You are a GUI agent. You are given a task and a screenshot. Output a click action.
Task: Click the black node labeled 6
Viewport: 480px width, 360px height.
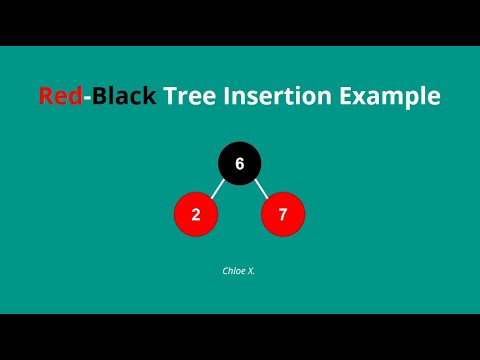(x=240, y=162)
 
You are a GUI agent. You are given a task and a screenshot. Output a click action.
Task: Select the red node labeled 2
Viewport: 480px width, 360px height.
(x=196, y=214)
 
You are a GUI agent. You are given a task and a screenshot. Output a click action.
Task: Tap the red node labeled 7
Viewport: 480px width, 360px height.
(x=283, y=214)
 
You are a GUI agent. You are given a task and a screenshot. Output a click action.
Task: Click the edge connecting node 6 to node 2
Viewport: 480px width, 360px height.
(x=217, y=188)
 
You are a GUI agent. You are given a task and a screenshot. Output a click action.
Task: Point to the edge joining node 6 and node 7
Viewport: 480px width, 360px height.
(x=261, y=188)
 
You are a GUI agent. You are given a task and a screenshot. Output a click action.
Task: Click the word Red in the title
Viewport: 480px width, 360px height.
(x=59, y=97)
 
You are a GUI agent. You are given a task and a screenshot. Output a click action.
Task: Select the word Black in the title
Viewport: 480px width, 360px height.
(x=122, y=97)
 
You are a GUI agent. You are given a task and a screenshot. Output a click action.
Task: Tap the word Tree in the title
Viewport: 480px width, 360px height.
(x=189, y=97)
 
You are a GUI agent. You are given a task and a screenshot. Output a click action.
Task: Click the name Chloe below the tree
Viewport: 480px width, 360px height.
(x=232, y=270)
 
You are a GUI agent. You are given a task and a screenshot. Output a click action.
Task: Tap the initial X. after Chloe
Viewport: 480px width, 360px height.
(x=251, y=270)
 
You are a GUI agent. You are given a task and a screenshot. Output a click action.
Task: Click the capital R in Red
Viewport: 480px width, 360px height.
(x=47, y=97)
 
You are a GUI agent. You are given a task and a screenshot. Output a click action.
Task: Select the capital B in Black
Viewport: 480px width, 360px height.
(x=97, y=97)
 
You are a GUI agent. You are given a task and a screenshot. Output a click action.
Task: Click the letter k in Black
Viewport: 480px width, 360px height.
(x=149, y=97)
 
